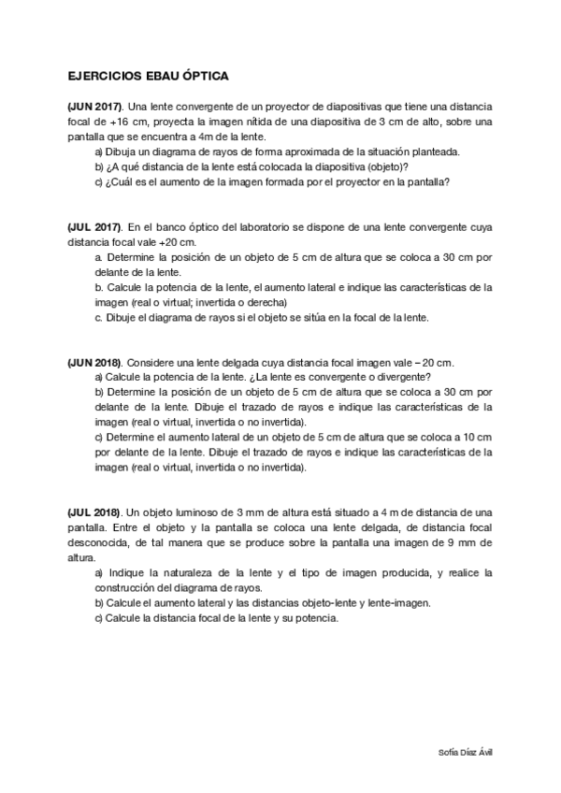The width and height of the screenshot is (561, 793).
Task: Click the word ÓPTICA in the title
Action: tap(203, 77)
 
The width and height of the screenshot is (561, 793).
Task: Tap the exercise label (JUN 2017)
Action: tap(95, 107)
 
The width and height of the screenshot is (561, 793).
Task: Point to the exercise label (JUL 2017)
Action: tap(94, 226)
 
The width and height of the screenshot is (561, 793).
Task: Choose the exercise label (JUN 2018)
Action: tap(95, 362)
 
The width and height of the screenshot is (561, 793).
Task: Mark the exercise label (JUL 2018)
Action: tap(94, 512)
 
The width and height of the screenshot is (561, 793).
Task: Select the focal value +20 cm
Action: tap(174, 241)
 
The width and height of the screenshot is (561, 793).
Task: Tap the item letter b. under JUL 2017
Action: tap(99, 287)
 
